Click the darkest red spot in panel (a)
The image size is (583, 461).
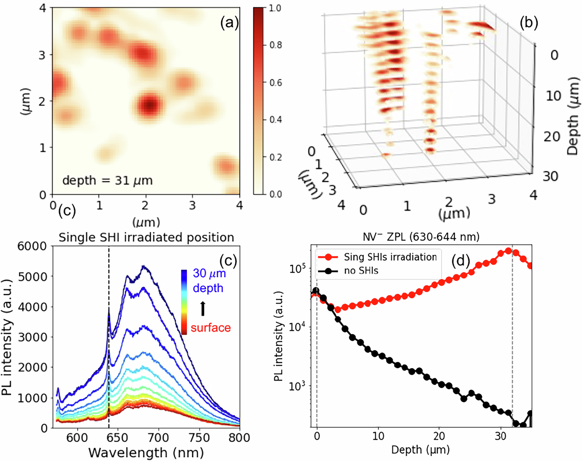(x=150, y=105)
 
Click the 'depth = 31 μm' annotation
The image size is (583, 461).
(x=107, y=180)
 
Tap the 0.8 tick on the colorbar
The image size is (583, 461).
(x=275, y=45)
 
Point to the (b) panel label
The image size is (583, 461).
(x=529, y=23)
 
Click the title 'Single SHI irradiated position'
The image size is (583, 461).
(x=146, y=237)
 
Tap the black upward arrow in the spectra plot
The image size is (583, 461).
(x=203, y=308)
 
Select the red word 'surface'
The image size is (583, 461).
(x=211, y=328)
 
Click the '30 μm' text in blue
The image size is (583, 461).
(x=209, y=274)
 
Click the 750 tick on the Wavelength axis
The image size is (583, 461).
(x=199, y=437)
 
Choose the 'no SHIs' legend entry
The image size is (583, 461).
(x=361, y=270)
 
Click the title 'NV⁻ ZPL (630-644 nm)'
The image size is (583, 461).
(x=421, y=237)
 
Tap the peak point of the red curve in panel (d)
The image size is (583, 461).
(x=508, y=251)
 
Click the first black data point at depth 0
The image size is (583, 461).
(x=316, y=291)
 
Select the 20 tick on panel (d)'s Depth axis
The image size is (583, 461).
(x=439, y=436)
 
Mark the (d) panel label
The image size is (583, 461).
(x=460, y=262)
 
